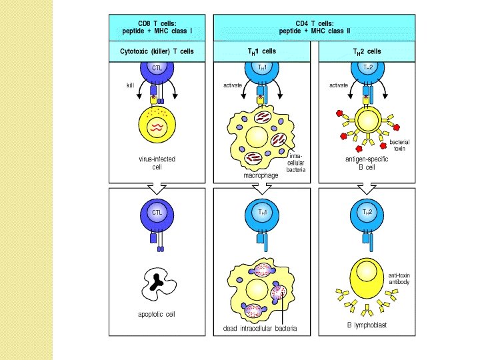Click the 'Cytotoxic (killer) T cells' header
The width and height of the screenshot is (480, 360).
click(x=157, y=51)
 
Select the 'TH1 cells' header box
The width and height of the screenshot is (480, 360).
click(x=262, y=51)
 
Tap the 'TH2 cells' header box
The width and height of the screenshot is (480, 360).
click(x=367, y=51)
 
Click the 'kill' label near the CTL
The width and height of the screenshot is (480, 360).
click(x=131, y=85)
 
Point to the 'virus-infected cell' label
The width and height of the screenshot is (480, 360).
click(x=157, y=163)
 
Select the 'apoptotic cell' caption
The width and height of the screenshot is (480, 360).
click(x=157, y=315)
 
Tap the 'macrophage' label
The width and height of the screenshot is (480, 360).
click(x=261, y=175)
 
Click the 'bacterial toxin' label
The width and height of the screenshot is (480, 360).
click(x=399, y=145)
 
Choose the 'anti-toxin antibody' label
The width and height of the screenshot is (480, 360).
click(x=399, y=279)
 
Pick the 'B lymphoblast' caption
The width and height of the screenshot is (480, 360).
click(x=367, y=325)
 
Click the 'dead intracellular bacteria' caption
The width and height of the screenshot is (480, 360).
click(x=260, y=329)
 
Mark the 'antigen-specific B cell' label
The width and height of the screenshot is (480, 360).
click(x=367, y=163)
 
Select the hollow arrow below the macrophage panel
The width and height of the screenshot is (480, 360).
click(x=262, y=189)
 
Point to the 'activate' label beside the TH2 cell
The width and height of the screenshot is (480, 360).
click(x=339, y=85)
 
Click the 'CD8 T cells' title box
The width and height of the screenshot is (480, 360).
click(x=157, y=27)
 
